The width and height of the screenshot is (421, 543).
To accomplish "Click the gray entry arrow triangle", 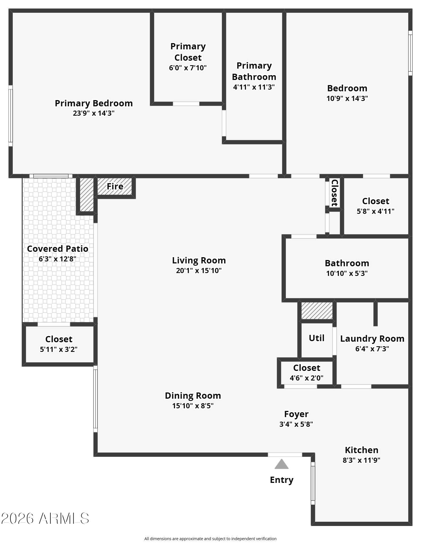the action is tap(281, 464).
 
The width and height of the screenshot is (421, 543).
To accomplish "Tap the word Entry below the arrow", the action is tap(282, 480).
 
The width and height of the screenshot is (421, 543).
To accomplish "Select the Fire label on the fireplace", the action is tap(115, 186).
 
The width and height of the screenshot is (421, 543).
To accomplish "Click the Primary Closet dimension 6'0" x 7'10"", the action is tap(188, 68).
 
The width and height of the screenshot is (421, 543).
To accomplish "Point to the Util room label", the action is tap(316, 338).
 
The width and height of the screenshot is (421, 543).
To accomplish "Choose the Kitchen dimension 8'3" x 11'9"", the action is tap(362, 460).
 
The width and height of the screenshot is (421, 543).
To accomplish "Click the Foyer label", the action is tap(296, 414).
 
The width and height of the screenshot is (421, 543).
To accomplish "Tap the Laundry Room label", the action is tap(372, 339).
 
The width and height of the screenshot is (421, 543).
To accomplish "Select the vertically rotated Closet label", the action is tap(335, 193).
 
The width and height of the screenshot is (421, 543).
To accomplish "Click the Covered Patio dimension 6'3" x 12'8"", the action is tap(58, 259).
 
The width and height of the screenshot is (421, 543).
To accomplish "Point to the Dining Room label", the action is tap(193, 396).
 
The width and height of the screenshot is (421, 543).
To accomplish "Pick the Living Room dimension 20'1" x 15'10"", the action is tap(199, 271).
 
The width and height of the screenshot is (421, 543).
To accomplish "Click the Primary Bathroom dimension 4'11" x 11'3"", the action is tap(254, 87).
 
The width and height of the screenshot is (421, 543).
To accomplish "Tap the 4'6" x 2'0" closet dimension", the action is tap(307, 378).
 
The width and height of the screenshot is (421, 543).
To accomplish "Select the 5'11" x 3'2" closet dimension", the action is tap(59, 349).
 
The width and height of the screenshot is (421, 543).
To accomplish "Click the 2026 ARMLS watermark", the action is tap(45, 518).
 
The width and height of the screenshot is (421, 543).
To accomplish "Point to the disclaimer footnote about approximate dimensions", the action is tap(210, 539).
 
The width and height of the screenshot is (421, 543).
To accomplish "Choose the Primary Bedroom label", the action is tap(94, 103).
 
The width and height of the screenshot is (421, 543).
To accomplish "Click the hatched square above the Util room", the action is tap(317, 311).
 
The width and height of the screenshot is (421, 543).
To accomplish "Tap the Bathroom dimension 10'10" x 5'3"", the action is tap(347, 273).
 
